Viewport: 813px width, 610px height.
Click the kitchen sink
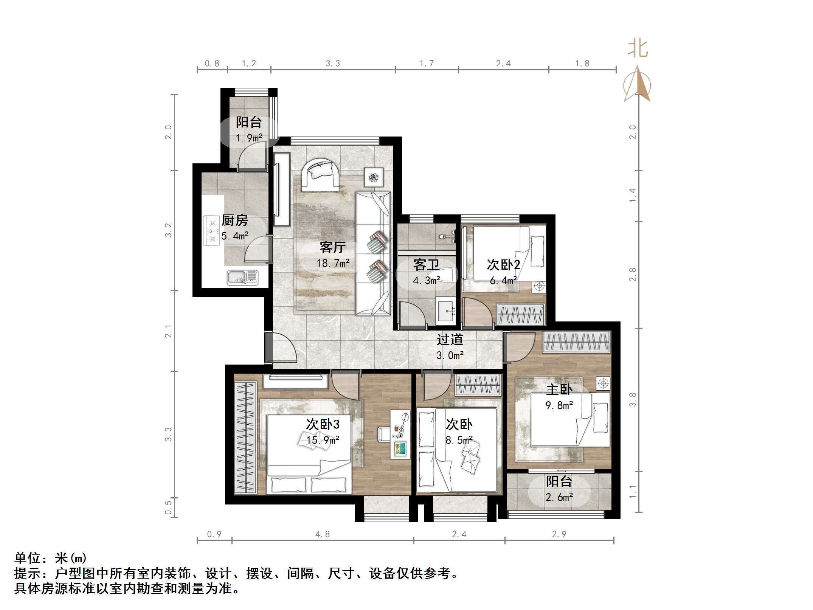click(x=242, y=277)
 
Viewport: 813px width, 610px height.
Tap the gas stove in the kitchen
click(x=212, y=230)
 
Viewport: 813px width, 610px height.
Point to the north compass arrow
click(x=638, y=84)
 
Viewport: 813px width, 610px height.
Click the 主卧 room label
click(x=559, y=390)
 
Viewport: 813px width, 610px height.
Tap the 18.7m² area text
click(x=333, y=263)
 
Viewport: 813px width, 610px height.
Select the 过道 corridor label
click(x=450, y=340)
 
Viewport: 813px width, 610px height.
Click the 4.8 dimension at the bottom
click(x=322, y=534)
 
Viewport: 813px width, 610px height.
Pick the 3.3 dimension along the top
click(x=333, y=64)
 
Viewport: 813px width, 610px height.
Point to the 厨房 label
click(x=234, y=220)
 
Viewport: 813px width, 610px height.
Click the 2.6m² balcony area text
click(x=559, y=497)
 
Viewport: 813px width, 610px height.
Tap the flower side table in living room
click(x=374, y=177)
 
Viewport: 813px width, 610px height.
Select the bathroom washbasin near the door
click(x=446, y=311)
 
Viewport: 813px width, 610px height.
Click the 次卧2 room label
click(x=503, y=265)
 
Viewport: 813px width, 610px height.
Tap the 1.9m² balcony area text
click(x=249, y=138)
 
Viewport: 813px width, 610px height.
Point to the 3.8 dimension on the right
click(x=632, y=399)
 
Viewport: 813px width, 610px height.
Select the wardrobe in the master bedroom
click(x=577, y=342)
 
